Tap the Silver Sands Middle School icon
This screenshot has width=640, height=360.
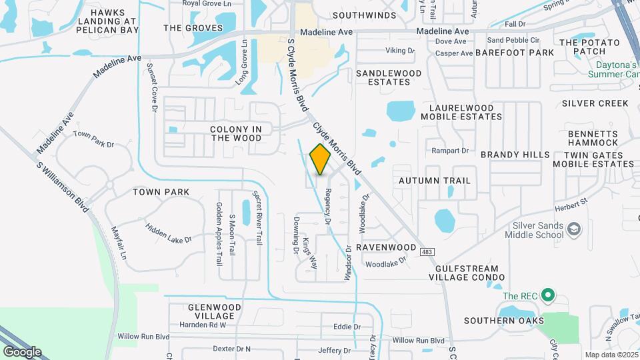point(573,230)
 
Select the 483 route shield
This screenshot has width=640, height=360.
point(427,248)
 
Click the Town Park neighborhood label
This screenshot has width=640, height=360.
point(161,192)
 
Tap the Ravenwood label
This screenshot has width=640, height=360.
point(386,247)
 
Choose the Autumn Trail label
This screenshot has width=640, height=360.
point(435,181)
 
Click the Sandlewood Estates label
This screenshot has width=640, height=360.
point(389,77)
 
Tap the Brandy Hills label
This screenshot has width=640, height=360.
point(515,155)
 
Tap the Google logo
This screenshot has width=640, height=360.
point(22,352)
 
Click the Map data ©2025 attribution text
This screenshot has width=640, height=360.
point(611,355)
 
